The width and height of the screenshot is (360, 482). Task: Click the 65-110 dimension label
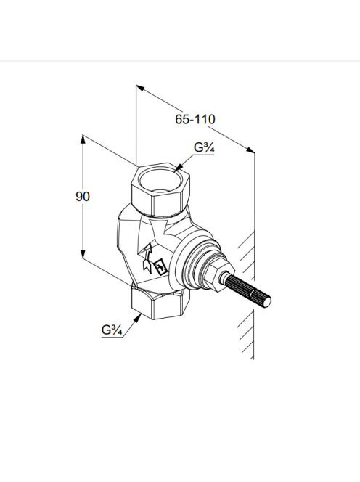195,119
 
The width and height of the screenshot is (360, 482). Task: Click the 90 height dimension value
83,197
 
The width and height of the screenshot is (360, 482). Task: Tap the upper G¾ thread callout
204,148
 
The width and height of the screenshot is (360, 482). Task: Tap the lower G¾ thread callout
112,330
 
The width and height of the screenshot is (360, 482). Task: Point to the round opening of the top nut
159,180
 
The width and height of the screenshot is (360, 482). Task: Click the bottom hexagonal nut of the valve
160,302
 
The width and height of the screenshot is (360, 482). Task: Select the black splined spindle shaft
247,290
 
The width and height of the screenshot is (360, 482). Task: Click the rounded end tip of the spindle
266,302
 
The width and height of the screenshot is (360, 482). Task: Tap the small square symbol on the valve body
161,267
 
